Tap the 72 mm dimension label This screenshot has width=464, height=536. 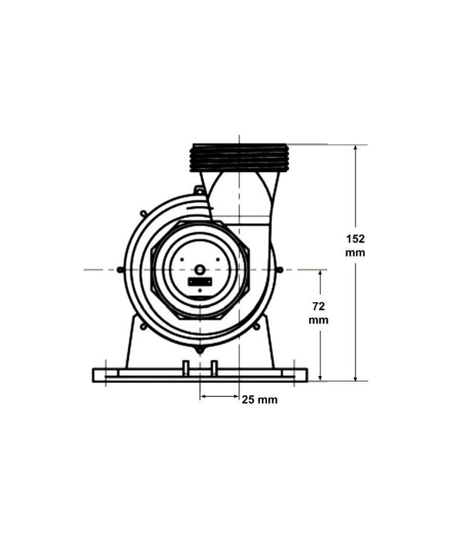pos(318,313)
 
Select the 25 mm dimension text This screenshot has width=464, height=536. pos(259,399)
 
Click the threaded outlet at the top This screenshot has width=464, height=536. pos(239,157)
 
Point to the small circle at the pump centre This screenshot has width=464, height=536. pos(200,269)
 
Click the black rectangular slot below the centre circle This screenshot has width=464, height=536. pos(200,282)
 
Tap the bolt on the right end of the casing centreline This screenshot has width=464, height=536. pos(279,269)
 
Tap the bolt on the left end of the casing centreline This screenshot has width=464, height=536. pos(120,269)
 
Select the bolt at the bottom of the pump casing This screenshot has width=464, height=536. pos(200,349)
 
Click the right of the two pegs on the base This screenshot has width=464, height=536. pos(213,367)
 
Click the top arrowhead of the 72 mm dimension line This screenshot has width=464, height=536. pos(321,274)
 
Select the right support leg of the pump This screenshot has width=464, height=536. pos(265,347)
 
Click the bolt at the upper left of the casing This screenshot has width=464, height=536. pos(143,213)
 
